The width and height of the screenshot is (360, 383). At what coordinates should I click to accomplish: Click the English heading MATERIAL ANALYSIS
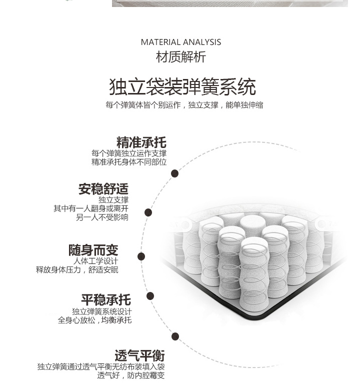point(181,42)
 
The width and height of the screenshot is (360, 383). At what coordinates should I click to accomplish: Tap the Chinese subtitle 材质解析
point(181,56)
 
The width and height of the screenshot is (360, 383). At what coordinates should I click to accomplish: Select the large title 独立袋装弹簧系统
point(182,86)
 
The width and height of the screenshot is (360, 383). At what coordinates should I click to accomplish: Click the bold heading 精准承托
point(141,142)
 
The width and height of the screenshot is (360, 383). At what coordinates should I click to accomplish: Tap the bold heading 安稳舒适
point(103,189)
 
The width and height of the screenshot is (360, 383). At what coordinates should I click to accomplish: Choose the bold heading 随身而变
point(93,250)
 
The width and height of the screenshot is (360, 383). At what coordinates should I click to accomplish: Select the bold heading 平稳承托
point(106,299)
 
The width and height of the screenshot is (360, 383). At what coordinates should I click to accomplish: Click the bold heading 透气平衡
point(139,355)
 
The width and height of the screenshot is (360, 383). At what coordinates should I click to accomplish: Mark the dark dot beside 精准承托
point(174,173)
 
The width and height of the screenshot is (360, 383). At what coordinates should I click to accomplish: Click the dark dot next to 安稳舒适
point(148,212)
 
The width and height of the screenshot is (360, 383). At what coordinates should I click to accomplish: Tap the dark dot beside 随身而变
point(141,256)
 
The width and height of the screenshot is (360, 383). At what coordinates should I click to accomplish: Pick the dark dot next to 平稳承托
point(150,296)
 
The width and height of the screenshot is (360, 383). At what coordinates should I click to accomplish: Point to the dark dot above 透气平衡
point(175,336)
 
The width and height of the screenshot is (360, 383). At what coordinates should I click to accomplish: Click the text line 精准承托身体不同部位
point(129,162)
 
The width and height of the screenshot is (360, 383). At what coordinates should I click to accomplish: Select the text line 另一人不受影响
point(102,217)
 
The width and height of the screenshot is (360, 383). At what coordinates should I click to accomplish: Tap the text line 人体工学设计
point(95,261)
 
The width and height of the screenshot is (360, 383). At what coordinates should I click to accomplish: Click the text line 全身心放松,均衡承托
point(95,320)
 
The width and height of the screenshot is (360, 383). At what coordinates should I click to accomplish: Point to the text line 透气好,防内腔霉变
point(131,375)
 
